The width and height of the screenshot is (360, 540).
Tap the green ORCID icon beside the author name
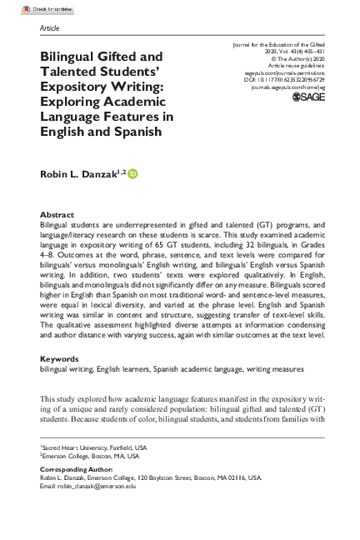[133, 173]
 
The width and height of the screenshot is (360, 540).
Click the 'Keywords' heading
[60, 382]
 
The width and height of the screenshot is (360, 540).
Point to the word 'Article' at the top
[50, 27]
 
